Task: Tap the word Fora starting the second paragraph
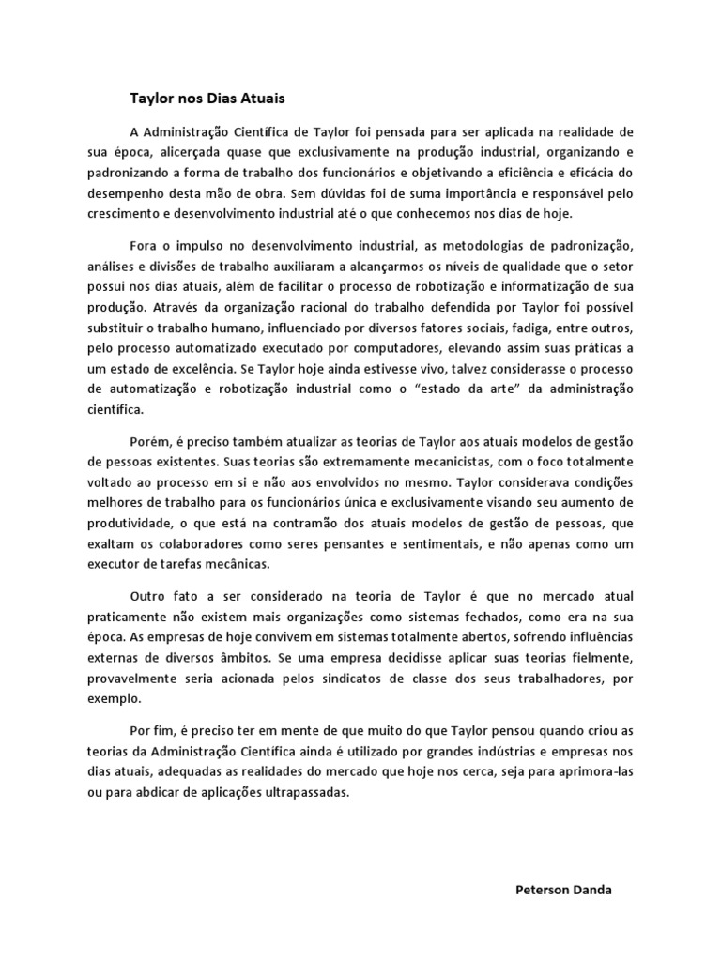tap(144, 247)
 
